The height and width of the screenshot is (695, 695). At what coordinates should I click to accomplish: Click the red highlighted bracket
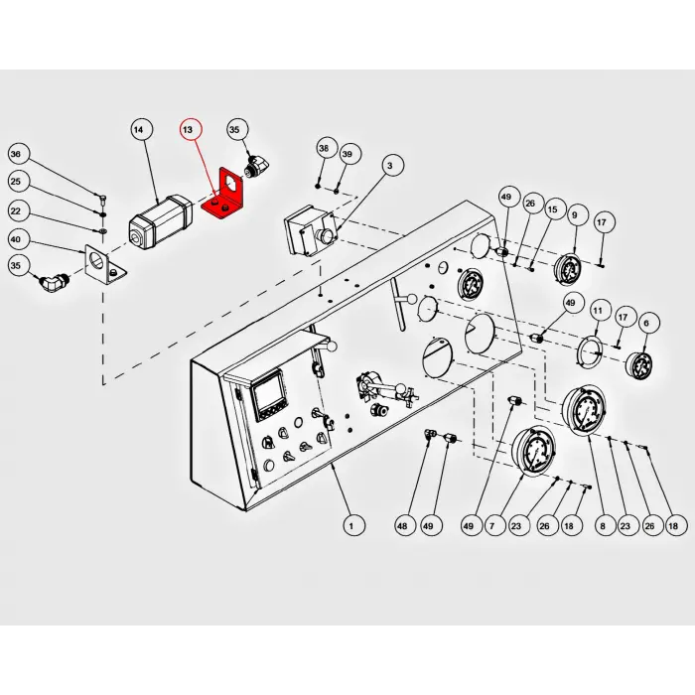coord(223,195)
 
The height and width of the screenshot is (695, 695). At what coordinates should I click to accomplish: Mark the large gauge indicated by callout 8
coord(584,411)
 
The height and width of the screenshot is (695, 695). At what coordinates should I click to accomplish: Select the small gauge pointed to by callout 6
coord(638,365)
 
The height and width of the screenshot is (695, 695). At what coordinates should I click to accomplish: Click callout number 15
coord(553,209)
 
